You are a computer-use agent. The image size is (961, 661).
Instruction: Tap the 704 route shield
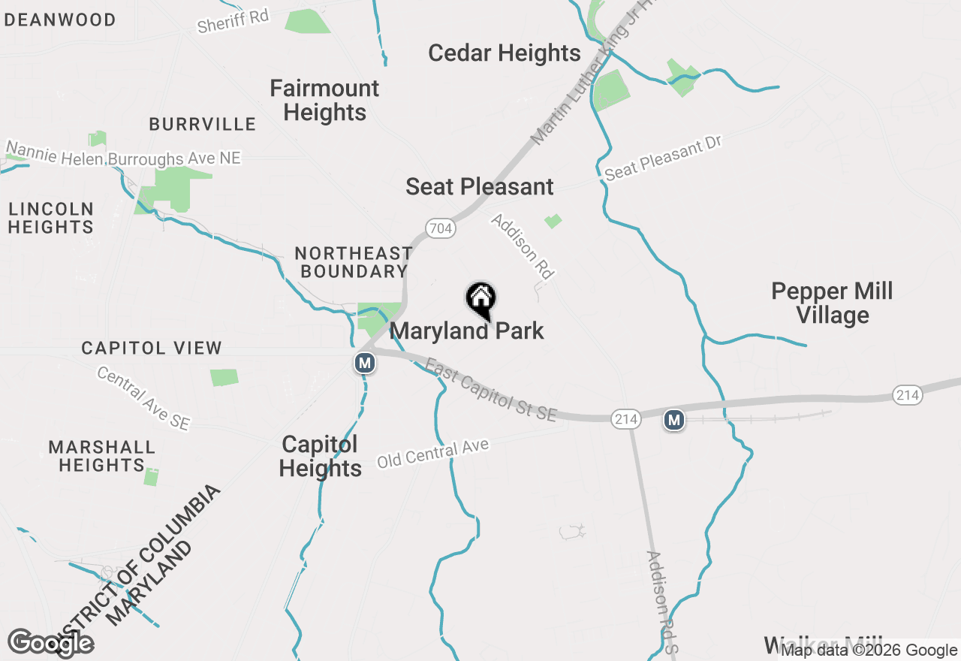pos(441,228)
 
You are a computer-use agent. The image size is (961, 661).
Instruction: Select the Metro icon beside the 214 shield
pos(674,420)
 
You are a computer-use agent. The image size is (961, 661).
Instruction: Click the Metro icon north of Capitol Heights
pos(365,364)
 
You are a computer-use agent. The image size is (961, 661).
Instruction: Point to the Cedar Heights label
pos(505,53)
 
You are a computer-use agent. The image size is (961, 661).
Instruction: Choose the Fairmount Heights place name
pos(324,100)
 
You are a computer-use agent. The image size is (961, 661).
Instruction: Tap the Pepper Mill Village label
pos(832,303)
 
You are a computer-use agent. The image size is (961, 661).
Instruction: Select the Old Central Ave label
pos(432,454)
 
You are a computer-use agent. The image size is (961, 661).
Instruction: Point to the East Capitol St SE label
pos(492,390)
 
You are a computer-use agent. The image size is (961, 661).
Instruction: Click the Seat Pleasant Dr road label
pos(663,158)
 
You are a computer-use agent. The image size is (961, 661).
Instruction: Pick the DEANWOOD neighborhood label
pos(60,20)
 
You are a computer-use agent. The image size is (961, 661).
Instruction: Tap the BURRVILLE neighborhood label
pos(203,124)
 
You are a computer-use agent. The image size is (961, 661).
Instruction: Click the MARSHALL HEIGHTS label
pos(101,456)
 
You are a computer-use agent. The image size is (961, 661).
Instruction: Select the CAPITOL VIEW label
pos(152,348)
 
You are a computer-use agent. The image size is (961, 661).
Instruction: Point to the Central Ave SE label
pos(143,398)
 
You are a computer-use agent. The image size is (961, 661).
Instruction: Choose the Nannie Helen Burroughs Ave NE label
pos(124,152)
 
